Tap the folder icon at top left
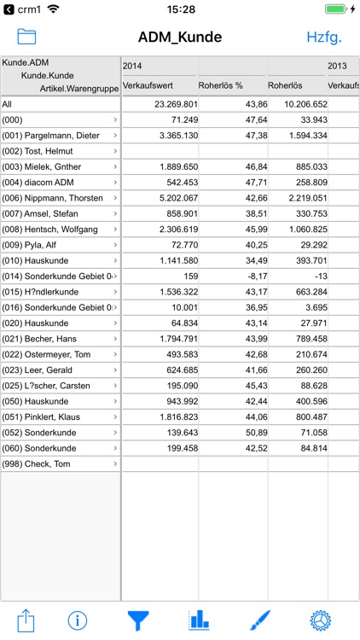pos(26,37)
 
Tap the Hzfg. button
pos(324,37)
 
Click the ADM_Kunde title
pos(180,37)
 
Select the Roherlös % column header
pos(222,85)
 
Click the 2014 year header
pos(132,66)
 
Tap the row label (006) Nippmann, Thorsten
pos(53,198)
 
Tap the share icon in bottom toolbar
pos(26,619)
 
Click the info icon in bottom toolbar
pos(78,619)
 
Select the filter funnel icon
pos(137,619)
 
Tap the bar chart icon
pos(199,619)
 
